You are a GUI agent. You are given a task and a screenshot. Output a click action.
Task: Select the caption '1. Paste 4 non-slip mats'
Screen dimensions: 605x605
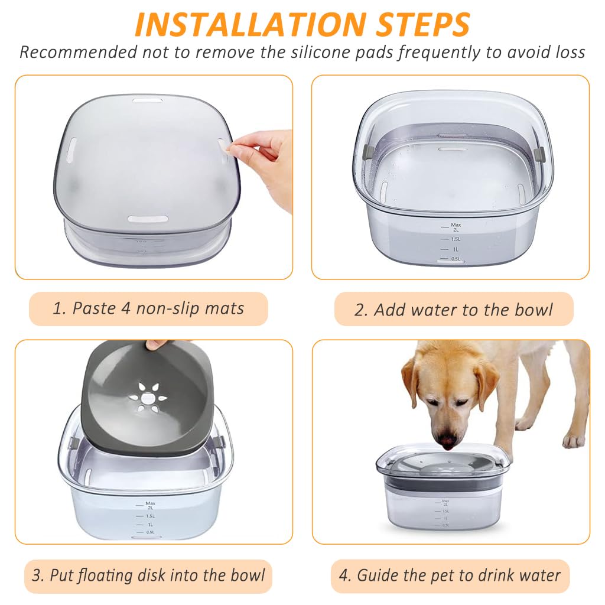[x=148, y=308]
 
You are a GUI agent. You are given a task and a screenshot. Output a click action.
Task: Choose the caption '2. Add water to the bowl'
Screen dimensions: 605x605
[x=454, y=310]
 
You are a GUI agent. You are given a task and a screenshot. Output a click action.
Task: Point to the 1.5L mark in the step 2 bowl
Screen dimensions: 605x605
[x=456, y=239]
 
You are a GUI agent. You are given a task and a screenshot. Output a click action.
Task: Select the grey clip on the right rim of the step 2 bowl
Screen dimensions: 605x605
[x=538, y=154]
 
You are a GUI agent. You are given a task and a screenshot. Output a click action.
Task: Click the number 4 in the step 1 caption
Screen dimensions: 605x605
[x=125, y=308]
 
